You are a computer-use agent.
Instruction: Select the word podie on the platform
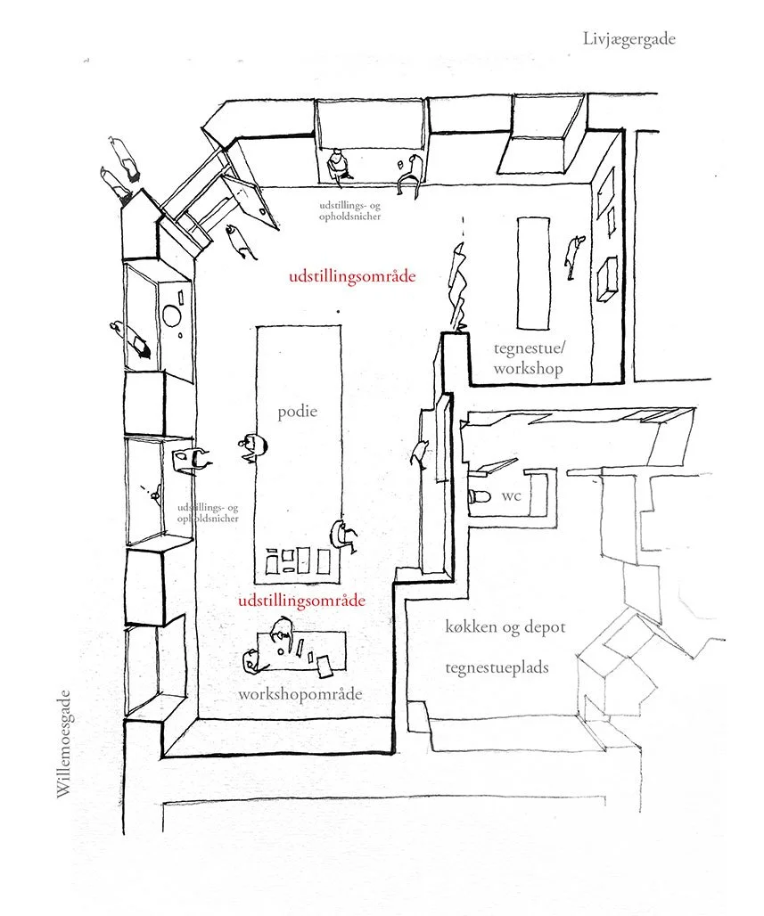click(297, 413)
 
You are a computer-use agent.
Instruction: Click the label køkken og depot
click(505, 627)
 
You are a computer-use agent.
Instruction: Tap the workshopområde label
click(300, 694)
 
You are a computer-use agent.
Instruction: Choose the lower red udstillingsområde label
click(303, 601)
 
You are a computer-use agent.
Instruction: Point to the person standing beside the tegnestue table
click(575, 252)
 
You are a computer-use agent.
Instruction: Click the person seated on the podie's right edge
click(341, 535)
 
